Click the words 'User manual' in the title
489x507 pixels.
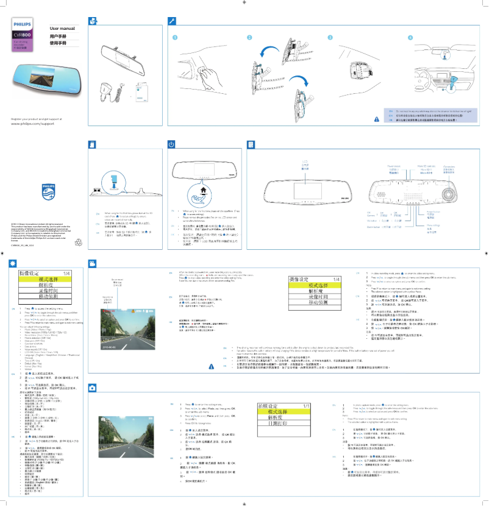[62, 29]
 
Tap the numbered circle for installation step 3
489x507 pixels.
[330, 38]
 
